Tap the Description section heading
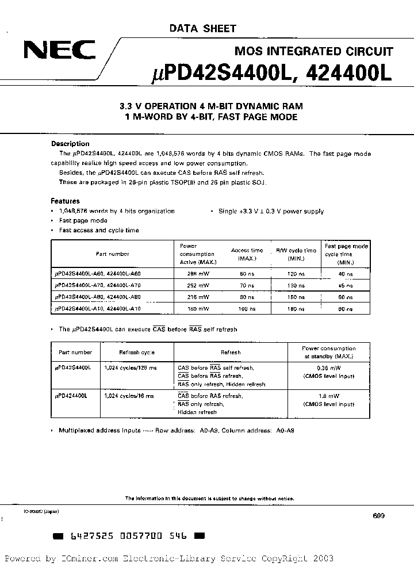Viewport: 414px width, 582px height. tap(70, 144)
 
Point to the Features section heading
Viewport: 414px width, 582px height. tap(65, 201)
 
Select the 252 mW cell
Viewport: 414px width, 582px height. tap(196, 285)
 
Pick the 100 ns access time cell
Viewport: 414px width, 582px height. tap(247, 309)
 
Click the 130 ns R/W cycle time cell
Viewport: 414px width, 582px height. tap(295, 285)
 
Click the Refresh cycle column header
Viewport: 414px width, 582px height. tap(136, 353)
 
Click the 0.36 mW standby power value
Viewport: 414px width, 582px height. tap(328, 367)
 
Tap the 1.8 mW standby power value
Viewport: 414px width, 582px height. tap(328, 396)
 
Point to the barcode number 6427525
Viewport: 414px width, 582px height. tap(87, 535)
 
